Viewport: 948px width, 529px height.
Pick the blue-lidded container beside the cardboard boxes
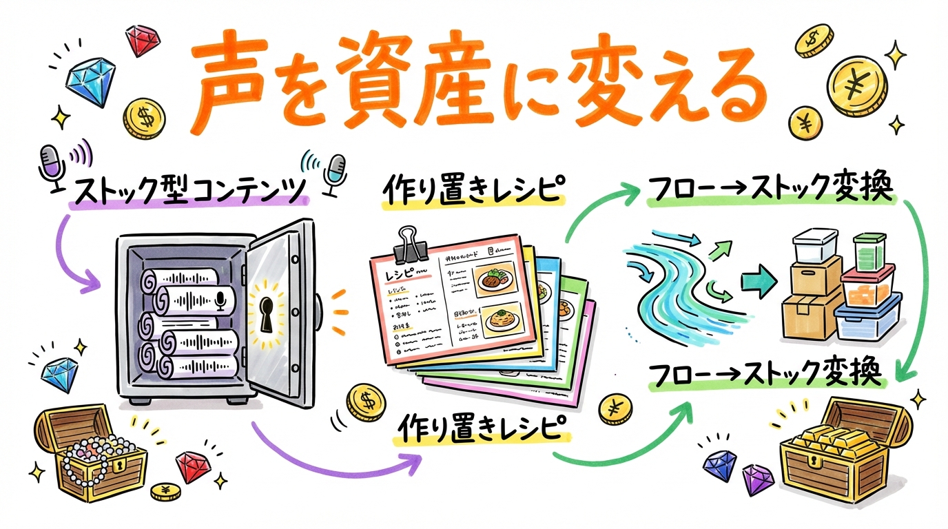[x=867, y=318]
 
